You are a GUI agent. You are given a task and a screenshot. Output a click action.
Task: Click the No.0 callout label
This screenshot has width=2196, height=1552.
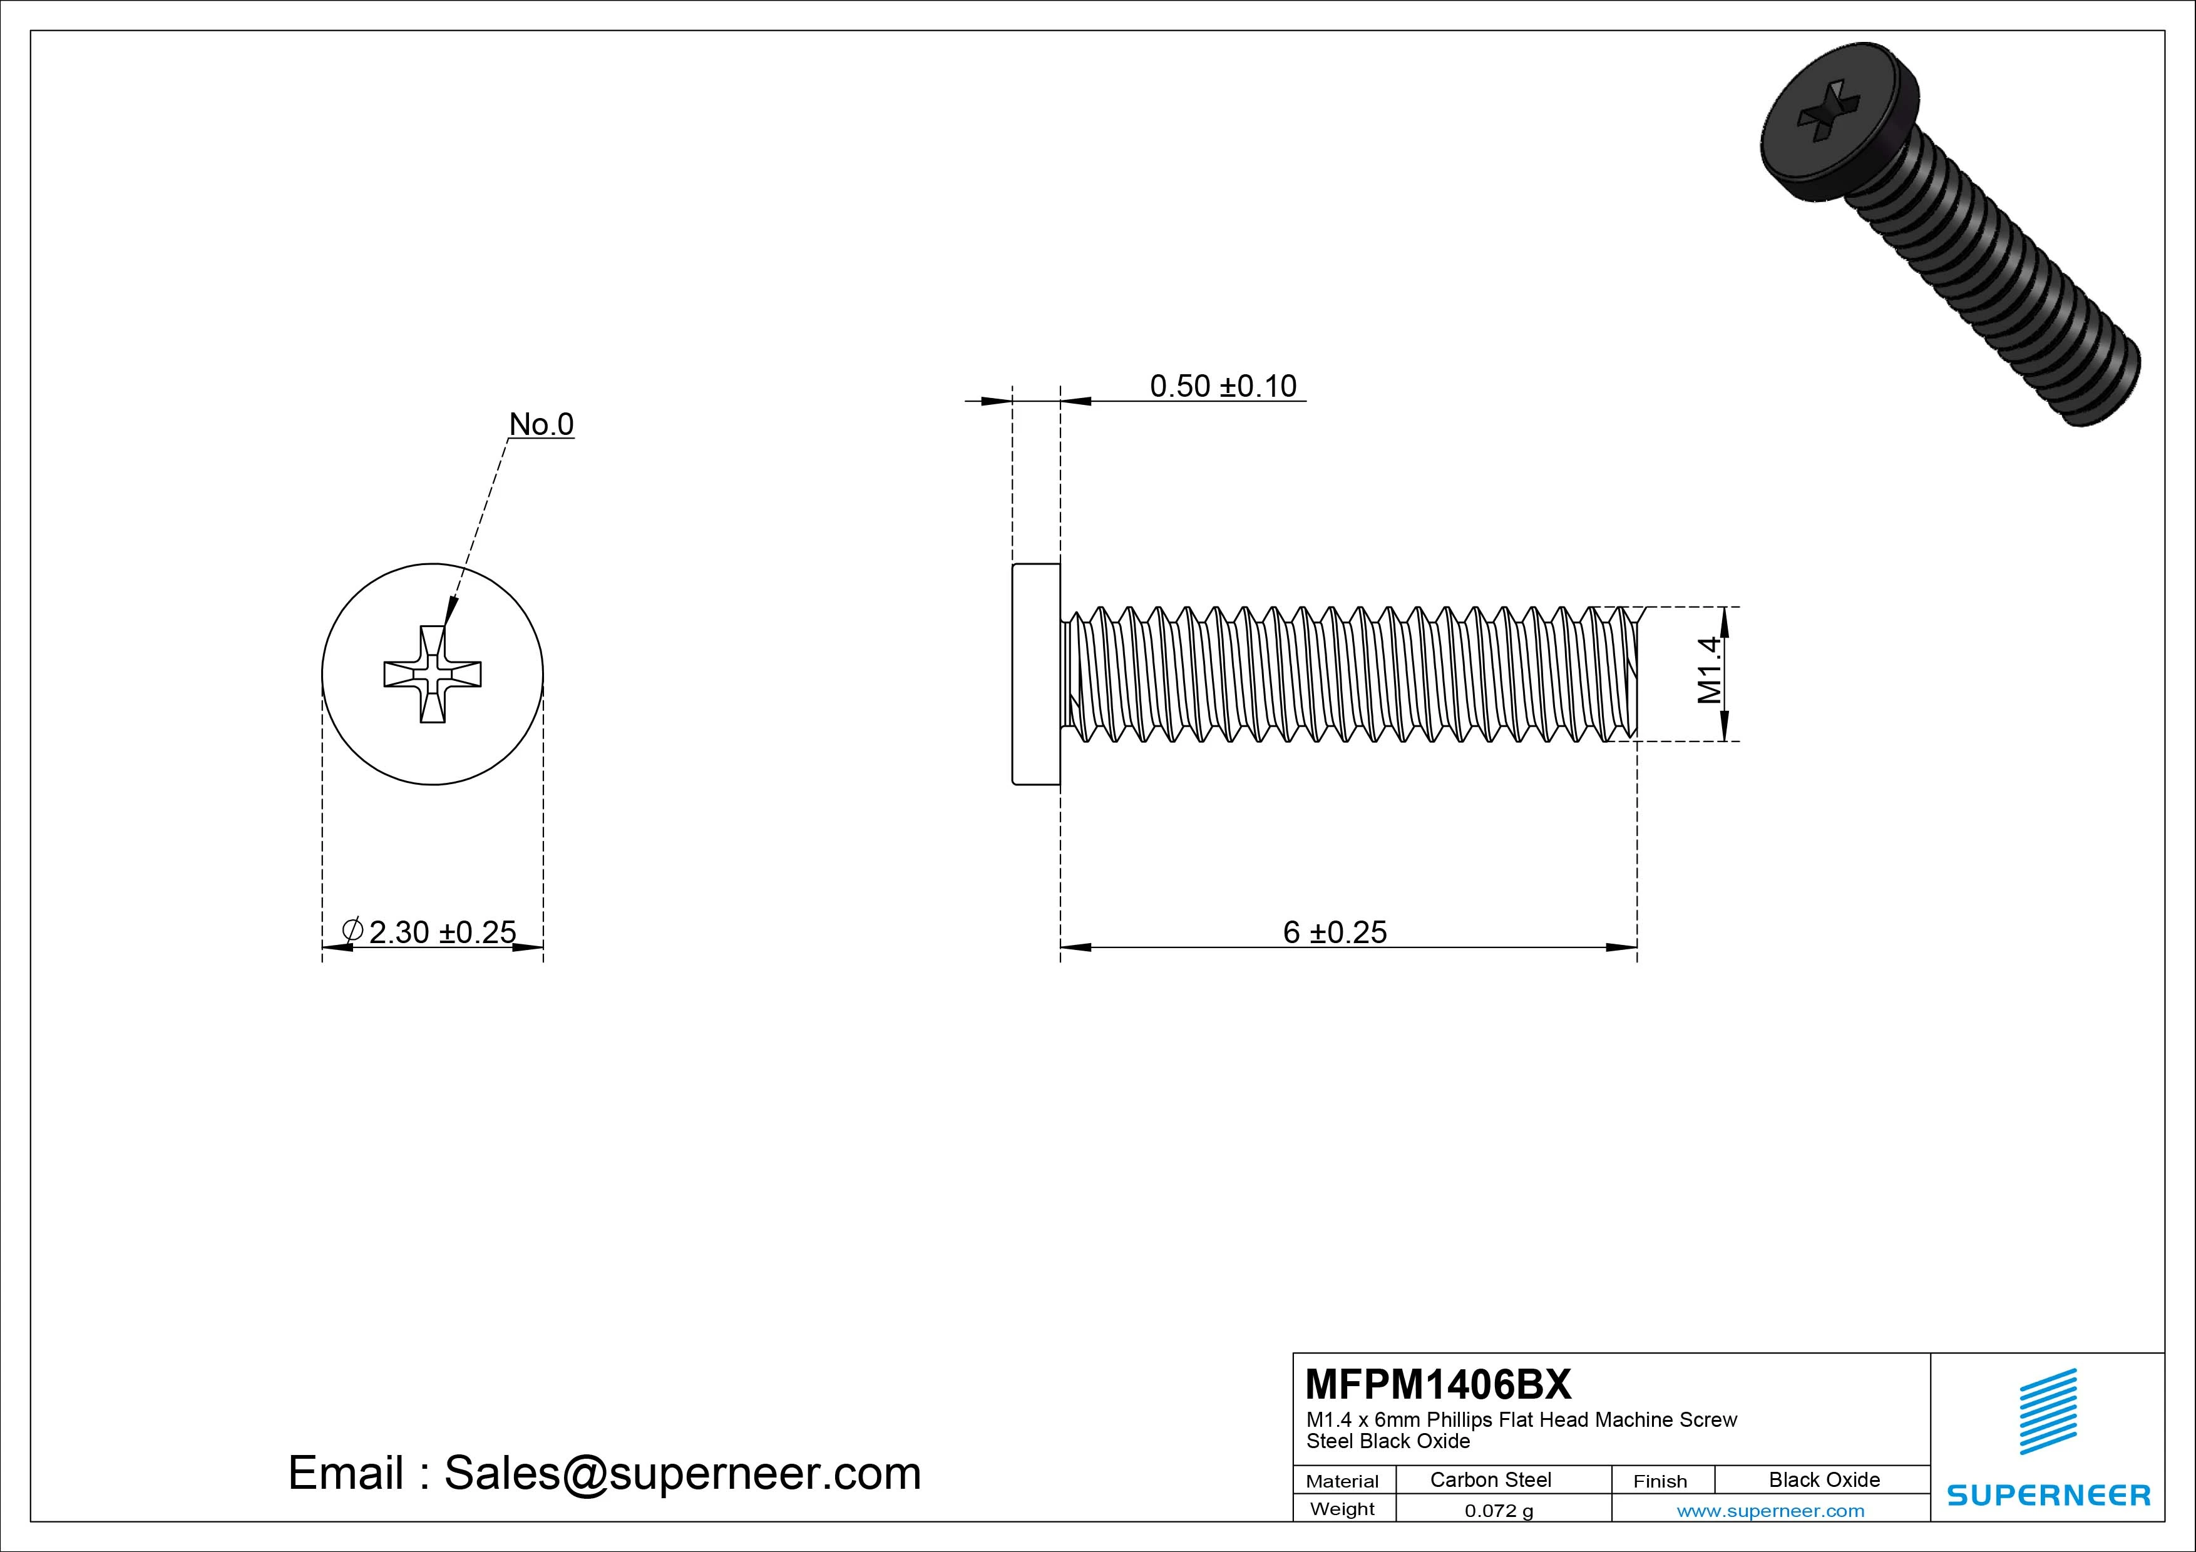click(x=541, y=424)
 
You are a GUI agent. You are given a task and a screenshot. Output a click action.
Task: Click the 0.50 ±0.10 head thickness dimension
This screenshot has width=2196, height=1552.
click(x=1223, y=385)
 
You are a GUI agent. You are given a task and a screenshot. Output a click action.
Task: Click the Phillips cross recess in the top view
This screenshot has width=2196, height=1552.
click(x=433, y=674)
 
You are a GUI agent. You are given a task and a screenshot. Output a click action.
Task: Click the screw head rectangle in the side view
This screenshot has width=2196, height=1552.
click(x=1036, y=674)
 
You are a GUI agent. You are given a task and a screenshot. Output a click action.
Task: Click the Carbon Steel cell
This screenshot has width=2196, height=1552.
click(x=1490, y=1479)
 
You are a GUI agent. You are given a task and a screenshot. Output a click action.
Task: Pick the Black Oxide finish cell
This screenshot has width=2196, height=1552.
click(x=1824, y=1479)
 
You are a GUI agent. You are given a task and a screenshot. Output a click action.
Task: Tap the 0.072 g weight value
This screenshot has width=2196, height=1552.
click(x=1499, y=1511)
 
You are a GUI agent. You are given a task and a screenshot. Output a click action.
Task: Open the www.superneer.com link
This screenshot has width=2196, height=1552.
click(x=1770, y=1511)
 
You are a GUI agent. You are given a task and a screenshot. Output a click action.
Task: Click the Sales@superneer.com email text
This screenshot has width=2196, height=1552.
click(x=682, y=1473)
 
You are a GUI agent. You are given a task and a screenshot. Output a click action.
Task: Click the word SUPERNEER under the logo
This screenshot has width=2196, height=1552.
click(x=2048, y=1494)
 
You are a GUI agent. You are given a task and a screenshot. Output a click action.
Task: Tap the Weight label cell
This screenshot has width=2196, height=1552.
click(x=1342, y=1509)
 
